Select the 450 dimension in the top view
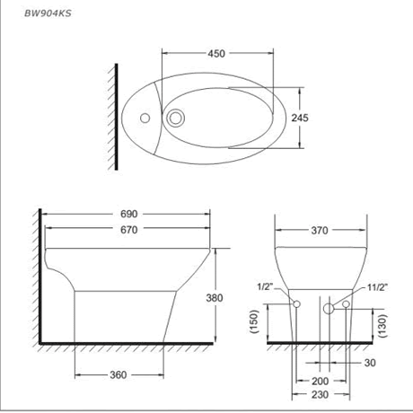[x=215, y=53]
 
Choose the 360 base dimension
[x=118, y=374]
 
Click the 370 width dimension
[x=321, y=231]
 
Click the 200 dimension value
[x=321, y=382]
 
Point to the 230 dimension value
[x=321, y=396]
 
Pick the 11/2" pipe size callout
[x=377, y=288]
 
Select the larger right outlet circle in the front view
[x=329, y=308]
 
